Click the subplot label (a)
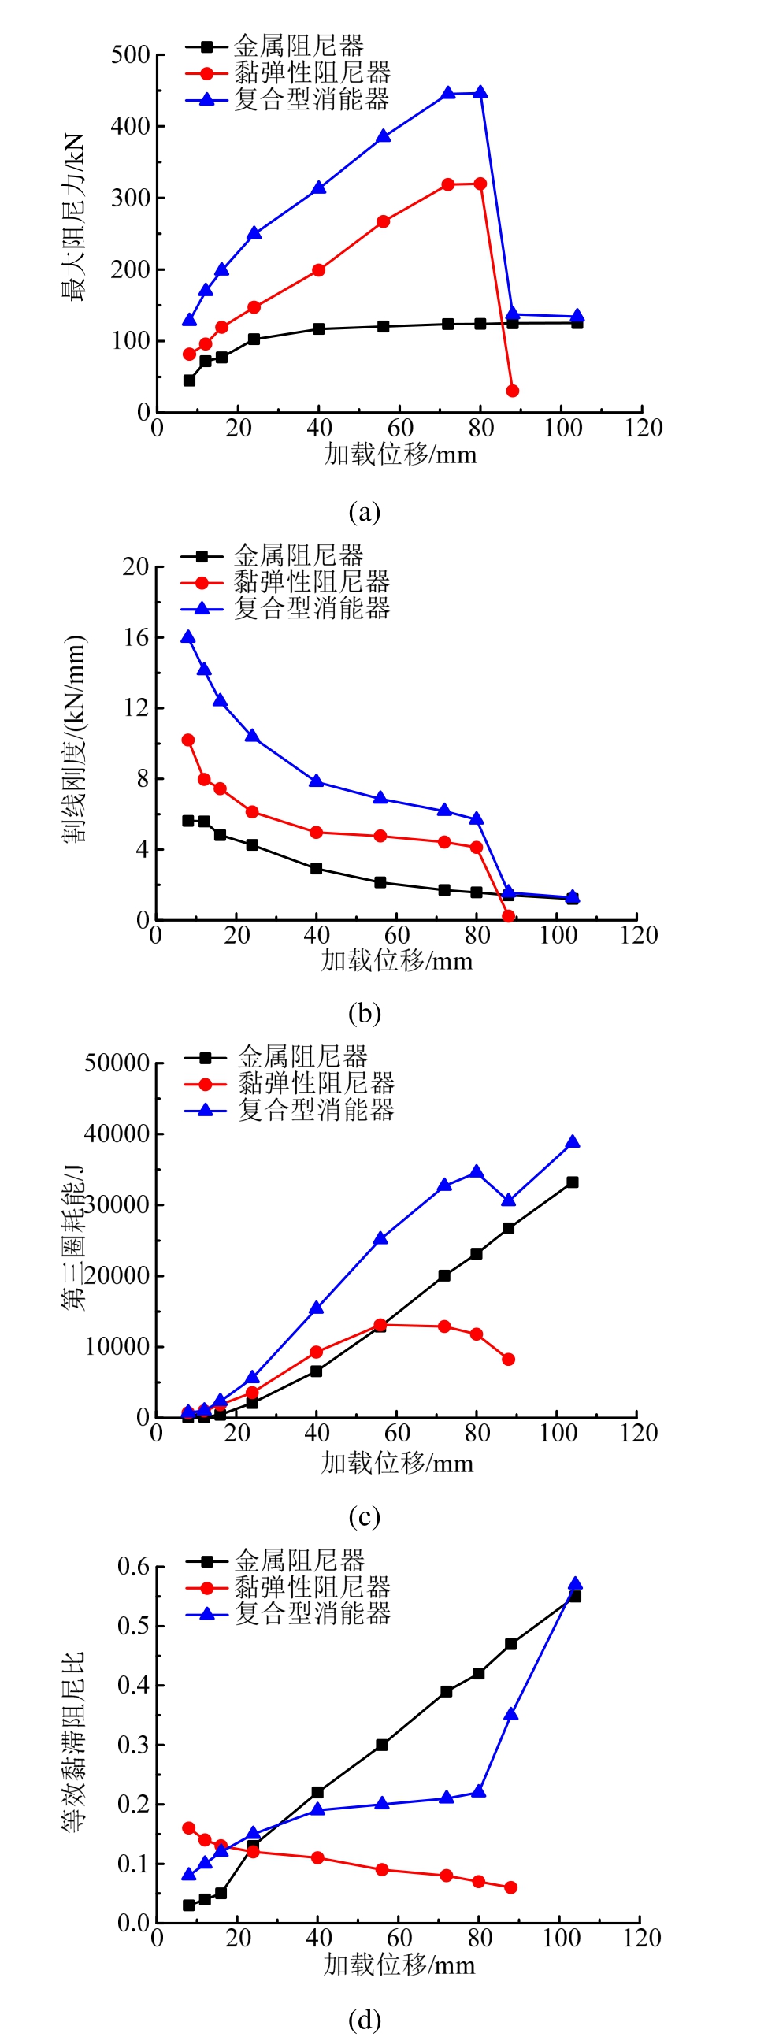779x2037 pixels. [365, 513]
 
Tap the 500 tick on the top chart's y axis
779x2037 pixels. [131, 55]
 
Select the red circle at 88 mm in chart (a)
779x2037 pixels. [513, 391]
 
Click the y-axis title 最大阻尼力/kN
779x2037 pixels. [72, 217]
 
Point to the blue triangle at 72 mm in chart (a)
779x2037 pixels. [447, 93]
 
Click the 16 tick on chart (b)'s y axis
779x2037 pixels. [136, 636]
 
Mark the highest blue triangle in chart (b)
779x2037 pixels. [188, 636]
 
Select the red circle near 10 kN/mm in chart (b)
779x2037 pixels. [188, 740]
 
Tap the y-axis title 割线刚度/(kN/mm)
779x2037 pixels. [73, 740]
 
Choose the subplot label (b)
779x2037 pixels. [365, 1013]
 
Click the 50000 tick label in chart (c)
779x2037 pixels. [117, 1063]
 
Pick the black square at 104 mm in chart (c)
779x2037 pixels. [572, 1182]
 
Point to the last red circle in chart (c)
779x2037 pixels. [509, 1360]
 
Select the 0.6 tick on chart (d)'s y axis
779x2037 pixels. [133, 1566]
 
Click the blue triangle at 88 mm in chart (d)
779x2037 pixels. [511, 1714]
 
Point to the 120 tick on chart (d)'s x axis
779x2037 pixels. [641, 1938]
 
